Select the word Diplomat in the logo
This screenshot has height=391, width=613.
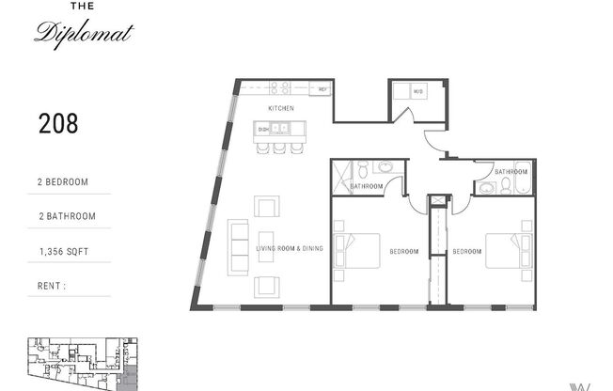coord(85,34)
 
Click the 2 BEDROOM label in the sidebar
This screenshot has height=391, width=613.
coord(63,181)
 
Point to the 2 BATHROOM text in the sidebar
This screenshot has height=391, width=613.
coord(65,216)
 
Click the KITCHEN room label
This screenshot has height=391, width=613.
coord(280,109)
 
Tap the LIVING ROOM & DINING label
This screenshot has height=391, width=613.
coord(290,249)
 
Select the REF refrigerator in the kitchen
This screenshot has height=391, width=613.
coord(322,90)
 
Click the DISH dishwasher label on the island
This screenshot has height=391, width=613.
coord(264,129)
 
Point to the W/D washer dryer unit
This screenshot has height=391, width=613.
coord(417,92)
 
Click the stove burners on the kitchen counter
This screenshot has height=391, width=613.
coord(279,89)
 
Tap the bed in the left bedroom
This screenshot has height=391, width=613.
coord(357,250)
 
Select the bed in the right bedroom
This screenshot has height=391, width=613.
coord(509,250)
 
